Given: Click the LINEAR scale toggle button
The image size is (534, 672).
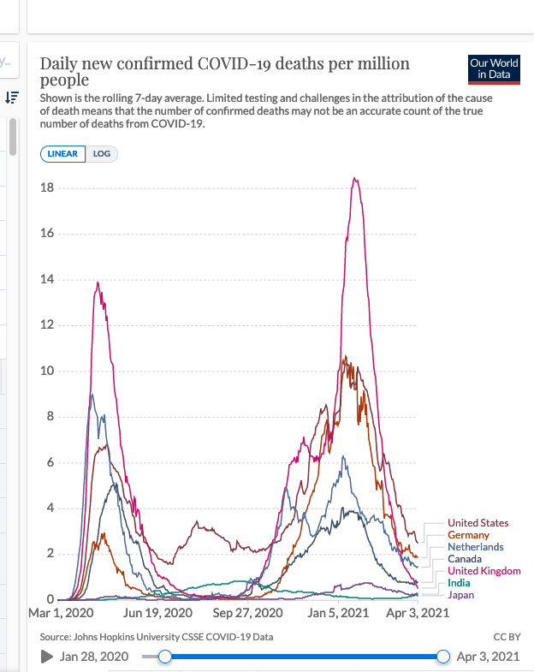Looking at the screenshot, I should [62, 154].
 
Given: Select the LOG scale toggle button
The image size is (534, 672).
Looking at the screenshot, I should [101, 154].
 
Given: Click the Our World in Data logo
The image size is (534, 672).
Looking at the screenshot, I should [494, 68].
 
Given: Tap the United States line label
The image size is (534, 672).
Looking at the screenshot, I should [478, 523].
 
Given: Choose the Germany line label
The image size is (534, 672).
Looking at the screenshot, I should [468, 535].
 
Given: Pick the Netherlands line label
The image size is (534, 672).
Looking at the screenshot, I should [475, 547].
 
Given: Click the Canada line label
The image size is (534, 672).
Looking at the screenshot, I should [464, 559].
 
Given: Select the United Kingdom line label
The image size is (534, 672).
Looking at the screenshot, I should [483, 571].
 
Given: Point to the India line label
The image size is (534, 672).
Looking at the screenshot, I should [459, 583].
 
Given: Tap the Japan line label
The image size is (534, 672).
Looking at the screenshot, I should [460, 595].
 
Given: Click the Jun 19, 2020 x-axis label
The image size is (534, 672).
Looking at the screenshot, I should [157, 614].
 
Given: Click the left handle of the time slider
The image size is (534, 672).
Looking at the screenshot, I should [165, 657].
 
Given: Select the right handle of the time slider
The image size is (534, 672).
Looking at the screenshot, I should [443, 657].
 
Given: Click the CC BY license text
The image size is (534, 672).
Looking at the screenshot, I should [507, 637].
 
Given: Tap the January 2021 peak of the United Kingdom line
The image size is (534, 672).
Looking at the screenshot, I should [354, 178].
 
